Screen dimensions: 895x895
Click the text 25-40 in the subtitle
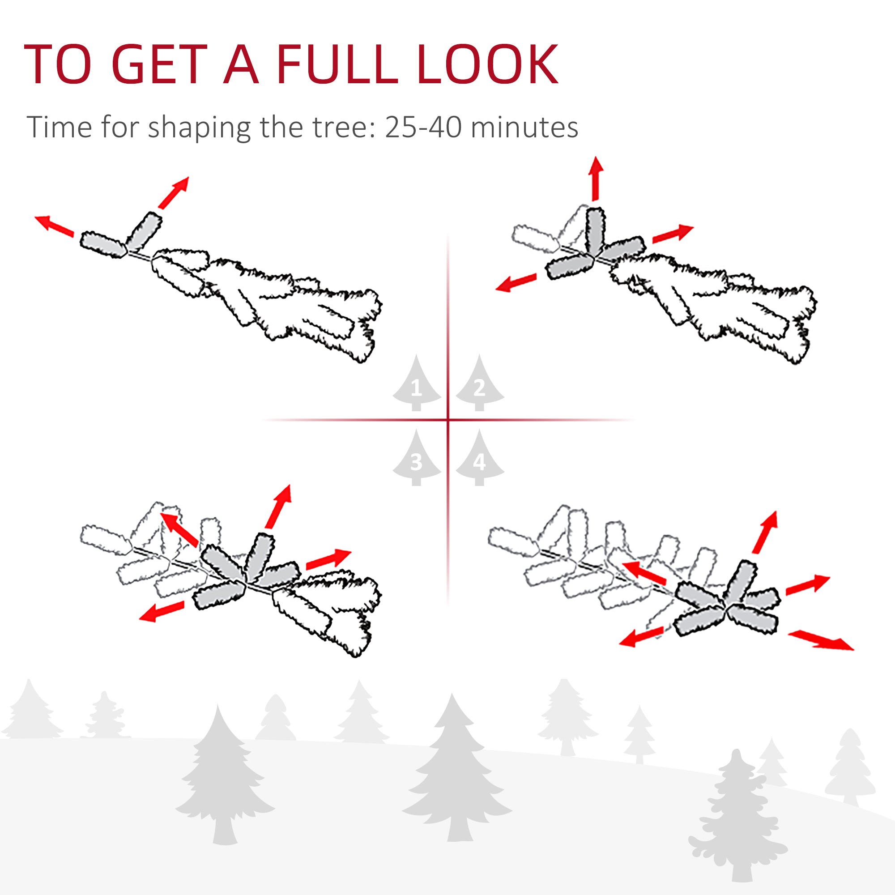[422, 127]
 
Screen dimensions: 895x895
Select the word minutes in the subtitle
[524, 127]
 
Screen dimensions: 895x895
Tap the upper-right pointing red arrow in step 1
[174, 192]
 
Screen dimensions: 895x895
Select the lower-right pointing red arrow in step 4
[820, 641]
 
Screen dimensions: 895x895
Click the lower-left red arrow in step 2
[516, 282]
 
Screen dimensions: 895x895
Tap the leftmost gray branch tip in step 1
[103, 245]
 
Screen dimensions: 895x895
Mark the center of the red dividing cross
[448, 420]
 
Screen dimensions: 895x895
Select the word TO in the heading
[57, 65]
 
